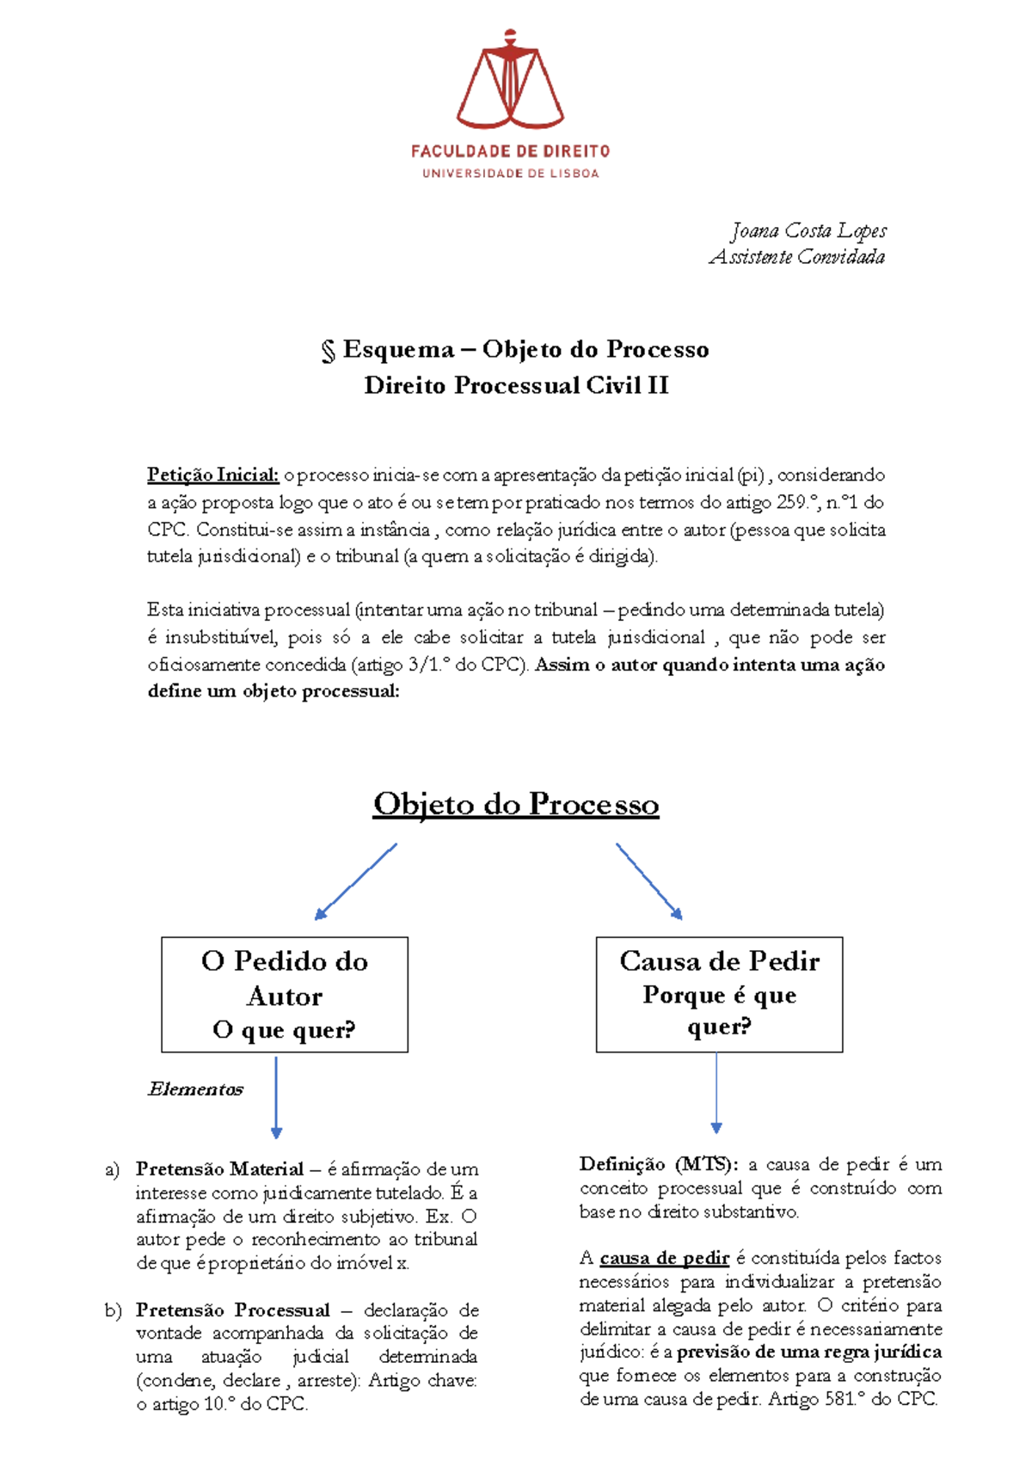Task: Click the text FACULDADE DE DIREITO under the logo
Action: point(510,151)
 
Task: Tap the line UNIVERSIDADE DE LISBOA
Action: point(510,174)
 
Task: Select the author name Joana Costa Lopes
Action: point(808,230)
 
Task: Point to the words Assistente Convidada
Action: point(796,257)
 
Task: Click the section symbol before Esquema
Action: point(328,350)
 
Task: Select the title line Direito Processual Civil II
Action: point(516,385)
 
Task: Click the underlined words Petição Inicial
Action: point(212,475)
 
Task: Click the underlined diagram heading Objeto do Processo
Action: point(516,804)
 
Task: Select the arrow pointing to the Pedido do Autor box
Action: point(355,881)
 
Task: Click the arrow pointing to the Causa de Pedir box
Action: point(649,881)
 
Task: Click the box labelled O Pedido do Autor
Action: point(285,995)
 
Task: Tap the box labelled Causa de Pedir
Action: point(719,995)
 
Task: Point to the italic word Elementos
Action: point(196,1089)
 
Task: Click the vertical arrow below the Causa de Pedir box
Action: point(716,1092)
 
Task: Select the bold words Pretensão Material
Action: point(219,1169)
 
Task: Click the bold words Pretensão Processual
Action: point(232,1310)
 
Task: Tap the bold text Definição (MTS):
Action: point(658,1164)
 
